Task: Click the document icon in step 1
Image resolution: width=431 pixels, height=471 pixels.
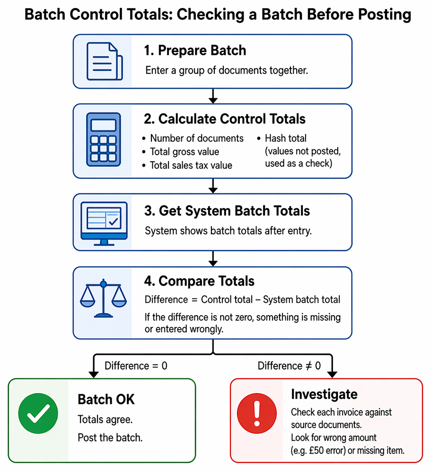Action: click(105, 61)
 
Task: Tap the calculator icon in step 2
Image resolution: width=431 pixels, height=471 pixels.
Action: click(104, 139)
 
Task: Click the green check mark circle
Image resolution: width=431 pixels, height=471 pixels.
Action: click(38, 413)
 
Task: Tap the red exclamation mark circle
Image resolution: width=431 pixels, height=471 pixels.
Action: click(256, 413)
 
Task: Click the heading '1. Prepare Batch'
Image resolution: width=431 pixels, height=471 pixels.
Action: click(195, 51)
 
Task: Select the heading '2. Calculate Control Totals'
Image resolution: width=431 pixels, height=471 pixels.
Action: click(224, 119)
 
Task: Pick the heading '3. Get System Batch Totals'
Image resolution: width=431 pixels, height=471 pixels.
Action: click(227, 211)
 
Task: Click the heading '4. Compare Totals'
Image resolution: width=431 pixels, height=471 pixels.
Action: click(199, 281)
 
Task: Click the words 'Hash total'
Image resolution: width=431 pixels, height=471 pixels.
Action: click(285, 138)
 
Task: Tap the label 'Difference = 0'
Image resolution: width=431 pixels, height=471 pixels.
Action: click(136, 366)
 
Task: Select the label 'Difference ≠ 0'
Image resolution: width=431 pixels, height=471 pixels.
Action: click(289, 366)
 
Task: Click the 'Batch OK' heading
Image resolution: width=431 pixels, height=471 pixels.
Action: click(106, 400)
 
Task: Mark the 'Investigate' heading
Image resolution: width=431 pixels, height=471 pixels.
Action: click(324, 394)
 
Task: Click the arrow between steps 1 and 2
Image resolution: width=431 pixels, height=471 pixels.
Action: click(213, 96)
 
